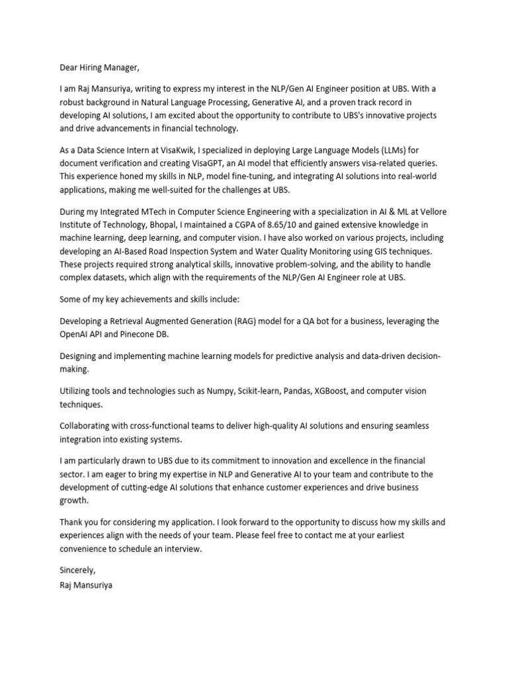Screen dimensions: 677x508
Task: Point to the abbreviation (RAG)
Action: [x=258, y=321]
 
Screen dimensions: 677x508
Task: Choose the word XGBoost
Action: [x=327, y=391]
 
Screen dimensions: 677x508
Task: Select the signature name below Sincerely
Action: [x=86, y=584]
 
